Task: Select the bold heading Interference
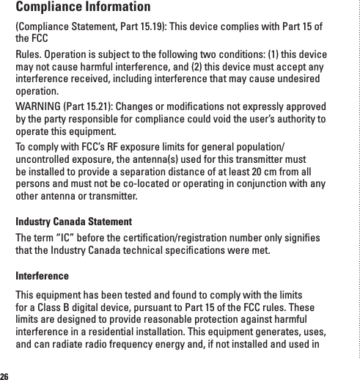(x=43, y=276)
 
